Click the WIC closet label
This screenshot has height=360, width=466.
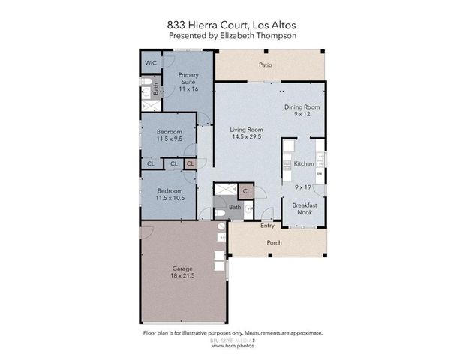click(150, 62)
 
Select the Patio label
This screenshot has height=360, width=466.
click(265, 65)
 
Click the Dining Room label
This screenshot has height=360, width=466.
click(302, 107)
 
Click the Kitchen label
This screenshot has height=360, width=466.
click(304, 163)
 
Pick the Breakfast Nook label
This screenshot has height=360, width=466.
click(304, 208)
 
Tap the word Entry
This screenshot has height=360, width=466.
click(267, 226)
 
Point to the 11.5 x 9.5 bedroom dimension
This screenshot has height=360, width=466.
click(170, 139)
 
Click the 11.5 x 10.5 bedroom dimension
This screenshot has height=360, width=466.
click(170, 198)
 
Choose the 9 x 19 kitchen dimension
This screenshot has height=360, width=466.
click(303, 186)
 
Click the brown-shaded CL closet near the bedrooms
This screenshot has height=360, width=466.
click(190, 163)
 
